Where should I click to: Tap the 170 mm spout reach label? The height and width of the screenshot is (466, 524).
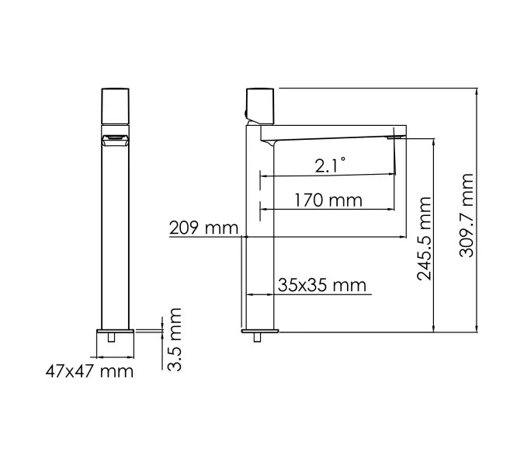pyautogui.click(x=328, y=200)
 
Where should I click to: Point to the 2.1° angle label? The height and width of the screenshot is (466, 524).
pyautogui.click(x=331, y=165)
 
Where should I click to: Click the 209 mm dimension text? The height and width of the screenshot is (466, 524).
pyautogui.click(x=203, y=228)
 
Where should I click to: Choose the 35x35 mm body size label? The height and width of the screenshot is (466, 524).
pyautogui.click(x=321, y=285)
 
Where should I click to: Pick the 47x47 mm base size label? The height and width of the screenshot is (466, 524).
pyautogui.click(x=89, y=371)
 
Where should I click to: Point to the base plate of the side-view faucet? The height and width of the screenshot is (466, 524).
pyautogui.click(x=260, y=331)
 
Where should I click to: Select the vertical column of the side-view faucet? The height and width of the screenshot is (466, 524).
pyautogui.click(x=261, y=233)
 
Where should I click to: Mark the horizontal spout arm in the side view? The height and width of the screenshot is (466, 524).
pyautogui.click(x=334, y=132)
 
